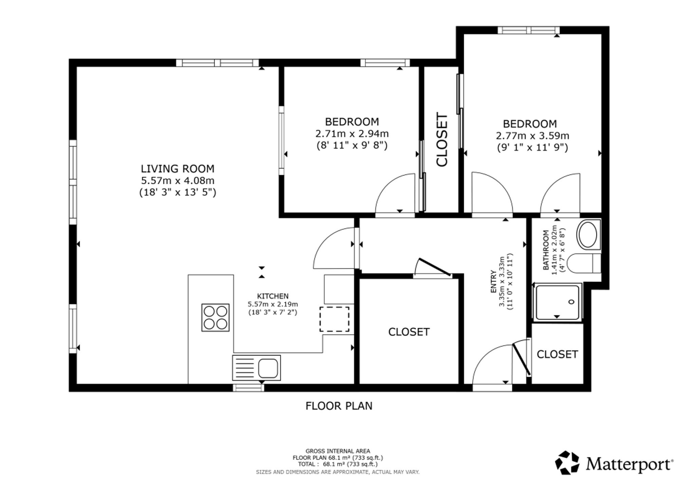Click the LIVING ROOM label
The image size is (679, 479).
pyautogui.click(x=178, y=168)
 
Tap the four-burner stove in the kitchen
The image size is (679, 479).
pyautogui.click(x=215, y=318)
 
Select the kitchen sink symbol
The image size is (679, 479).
pyautogui.click(x=256, y=368)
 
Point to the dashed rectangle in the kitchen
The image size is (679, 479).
pyautogui.click(x=334, y=319)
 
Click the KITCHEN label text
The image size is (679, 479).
pyautogui.click(x=273, y=296)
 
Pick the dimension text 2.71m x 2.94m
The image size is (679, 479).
pyautogui.click(x=352, y=134)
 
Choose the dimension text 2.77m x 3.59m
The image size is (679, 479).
pyautogui.click(x=532, y=136)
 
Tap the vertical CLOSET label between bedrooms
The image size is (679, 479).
pyautogui.click(x=442, y=140)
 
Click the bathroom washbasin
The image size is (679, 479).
pyautogui.click(x=588, y=234)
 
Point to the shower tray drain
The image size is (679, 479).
pyautogui.click(x=572, y=302)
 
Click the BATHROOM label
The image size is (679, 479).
pyautogui.click(x=546, y=250)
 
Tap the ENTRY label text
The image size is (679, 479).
pyautogui.click(x=493, y=282)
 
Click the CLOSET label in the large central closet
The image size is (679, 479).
pyautogui.click(x=409, y=332)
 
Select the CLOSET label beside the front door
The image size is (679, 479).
pyautogui.click(x=557, y=354)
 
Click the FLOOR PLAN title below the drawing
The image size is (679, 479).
pyautogui.click(x=339, y=406)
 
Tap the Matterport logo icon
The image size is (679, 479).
pyautogui.click(x=567, y=462)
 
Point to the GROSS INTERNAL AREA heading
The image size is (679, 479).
pyautogui.click(x=338, y=451)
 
